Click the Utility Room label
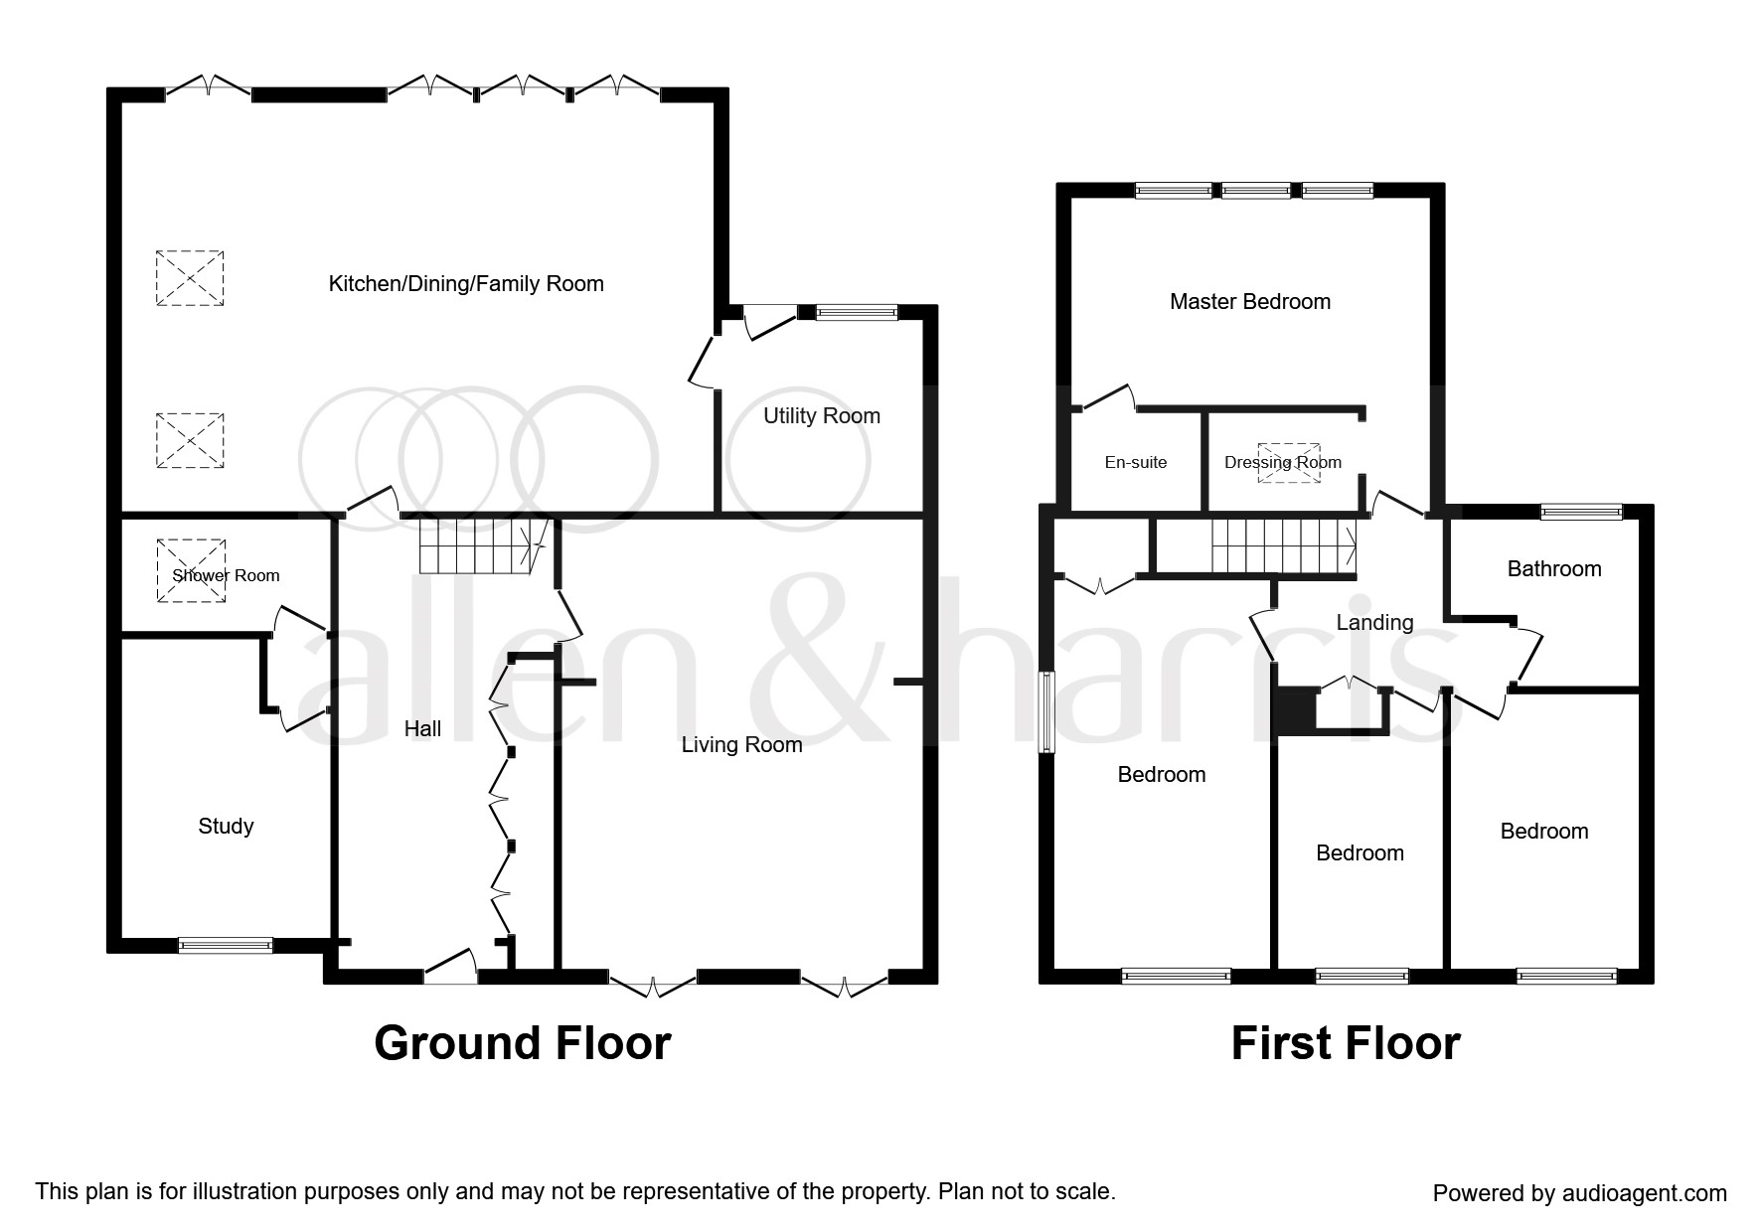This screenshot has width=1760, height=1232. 822,416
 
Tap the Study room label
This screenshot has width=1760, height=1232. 226,827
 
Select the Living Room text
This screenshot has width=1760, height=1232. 741,745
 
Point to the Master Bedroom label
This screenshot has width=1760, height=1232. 1250,302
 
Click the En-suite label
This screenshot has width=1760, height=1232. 1136,463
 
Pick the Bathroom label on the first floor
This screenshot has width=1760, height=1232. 1554,569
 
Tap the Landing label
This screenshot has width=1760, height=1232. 1374,623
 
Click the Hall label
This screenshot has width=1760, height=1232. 422,729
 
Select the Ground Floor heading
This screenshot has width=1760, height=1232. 523,1044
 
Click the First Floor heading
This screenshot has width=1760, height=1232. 1346,1044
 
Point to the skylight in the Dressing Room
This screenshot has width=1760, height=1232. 1290,463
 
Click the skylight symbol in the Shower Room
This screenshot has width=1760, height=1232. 191,571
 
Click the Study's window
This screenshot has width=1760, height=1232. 226,946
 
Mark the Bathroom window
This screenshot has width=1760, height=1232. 1582,513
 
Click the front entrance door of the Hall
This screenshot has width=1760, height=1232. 450,968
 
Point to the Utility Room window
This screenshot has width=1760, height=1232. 857,313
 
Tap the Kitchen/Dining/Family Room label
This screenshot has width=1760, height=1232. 466,285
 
